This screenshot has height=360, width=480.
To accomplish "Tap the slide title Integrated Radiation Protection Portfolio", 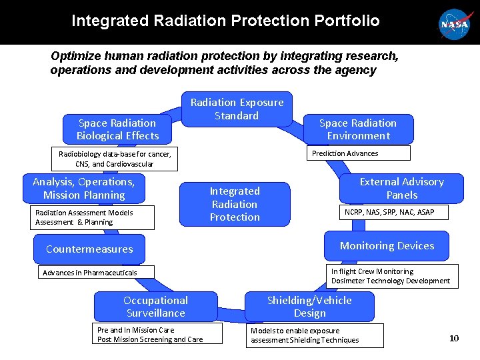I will point(225,21).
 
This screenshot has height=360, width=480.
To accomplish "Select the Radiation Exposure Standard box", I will point(237,109).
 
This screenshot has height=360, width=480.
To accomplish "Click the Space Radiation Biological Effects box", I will point(117,129).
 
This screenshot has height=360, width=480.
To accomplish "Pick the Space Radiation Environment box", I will point(358,129).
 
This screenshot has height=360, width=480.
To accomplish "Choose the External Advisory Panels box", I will point(401,188).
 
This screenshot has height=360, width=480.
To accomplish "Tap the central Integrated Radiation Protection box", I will point(235,204).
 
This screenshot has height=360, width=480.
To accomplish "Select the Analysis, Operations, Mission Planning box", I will point(83,188).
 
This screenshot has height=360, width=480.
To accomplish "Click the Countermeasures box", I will point(89,249).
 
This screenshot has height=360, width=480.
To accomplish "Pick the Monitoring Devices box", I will point(387,245).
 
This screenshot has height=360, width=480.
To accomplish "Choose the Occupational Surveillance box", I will point(156,306).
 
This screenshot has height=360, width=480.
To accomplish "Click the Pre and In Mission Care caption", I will point(149,335).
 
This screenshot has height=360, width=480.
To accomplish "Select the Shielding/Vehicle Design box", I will point(309,306).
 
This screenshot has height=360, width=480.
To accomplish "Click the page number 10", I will point(454,338).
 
